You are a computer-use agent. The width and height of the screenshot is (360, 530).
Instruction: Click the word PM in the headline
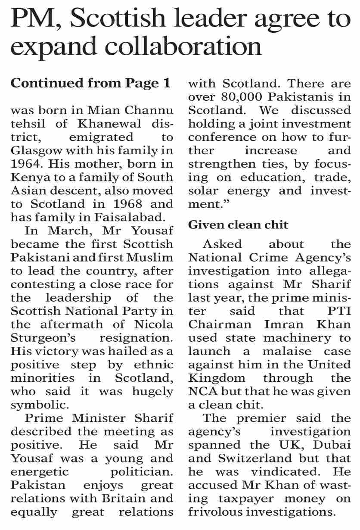click(x=31, y=19)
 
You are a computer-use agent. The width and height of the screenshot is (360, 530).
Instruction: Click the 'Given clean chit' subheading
click(x=238, y=224)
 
